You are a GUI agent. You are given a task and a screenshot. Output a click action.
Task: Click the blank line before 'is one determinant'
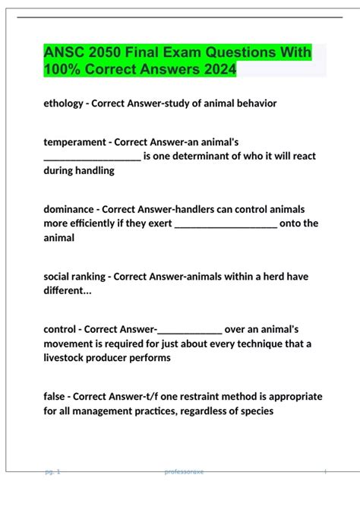point(92,157)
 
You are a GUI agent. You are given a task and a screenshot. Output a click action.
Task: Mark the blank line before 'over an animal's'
point(189,330)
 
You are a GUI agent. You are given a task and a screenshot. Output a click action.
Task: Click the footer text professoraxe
point(184,472)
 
